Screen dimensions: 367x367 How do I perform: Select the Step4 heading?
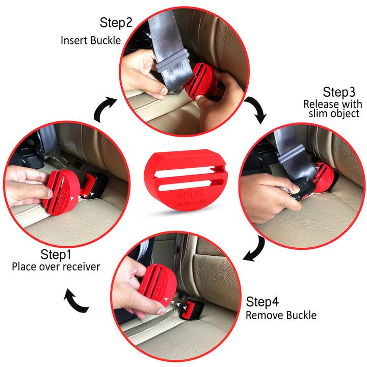pos(264,301)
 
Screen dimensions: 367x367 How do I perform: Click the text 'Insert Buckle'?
pos(91,40)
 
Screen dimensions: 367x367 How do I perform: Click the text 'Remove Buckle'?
pos(281,314)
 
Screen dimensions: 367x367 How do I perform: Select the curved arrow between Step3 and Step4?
pos(255,248)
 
